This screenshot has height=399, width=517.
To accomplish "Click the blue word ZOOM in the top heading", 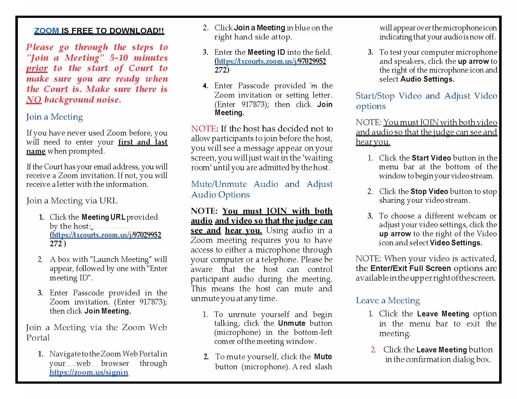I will pyautogui.click(x=46, y=31).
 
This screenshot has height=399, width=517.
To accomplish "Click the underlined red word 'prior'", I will pyautogui.click(x=37, y=68).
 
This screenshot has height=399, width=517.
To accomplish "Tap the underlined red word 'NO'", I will pyautogui.click(x=34, y=100).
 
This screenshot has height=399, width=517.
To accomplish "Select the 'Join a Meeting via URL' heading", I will pyautogui.click(x=72, y=201).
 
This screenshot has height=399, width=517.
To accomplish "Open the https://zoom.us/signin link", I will pyautogui.click(x=89, y=372).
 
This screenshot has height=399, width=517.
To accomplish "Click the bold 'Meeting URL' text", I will pyautogui.click(x=103, y=217).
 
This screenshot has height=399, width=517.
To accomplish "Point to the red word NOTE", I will pyautogui.click(x=203, y=129).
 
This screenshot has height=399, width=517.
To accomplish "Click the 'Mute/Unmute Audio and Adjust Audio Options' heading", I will pyautogui.click(x=262, y=189).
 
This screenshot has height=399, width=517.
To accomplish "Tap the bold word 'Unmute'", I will pyautogui.click(x=291, y=323).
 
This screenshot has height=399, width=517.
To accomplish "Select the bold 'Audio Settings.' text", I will pyautogui.click(x=427, y=79).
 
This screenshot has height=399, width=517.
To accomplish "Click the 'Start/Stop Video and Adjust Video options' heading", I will pyautogui.click(x=426, y=100).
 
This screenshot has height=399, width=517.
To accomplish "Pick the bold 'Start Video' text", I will pyautogui.click(x=431, y=158).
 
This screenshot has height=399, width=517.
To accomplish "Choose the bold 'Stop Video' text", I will pyautogui.click(x=429, y=191).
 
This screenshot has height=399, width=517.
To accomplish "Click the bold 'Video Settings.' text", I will pyautogui.click(x=456, y=243).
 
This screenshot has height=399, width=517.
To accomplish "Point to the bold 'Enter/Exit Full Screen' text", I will pyautogui.click(x=410, y=268).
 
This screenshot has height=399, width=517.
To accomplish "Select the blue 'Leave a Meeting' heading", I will pyautogui.click(x=388, y=300).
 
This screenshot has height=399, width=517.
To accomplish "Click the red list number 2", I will pyautogui.click(x=373, y=350).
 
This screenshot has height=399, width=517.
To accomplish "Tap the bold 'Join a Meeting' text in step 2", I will pyautogui.click(x=259, y=28).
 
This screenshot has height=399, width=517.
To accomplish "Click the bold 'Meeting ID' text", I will pyautogui.click(x=266, y=52).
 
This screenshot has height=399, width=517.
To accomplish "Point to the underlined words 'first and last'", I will pyautogui.click(x=143, y=142).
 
